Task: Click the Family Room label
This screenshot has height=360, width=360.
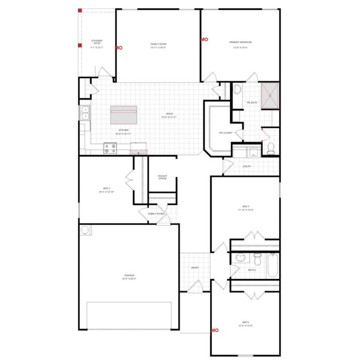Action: [158, 45]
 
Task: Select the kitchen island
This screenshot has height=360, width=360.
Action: [124, 115]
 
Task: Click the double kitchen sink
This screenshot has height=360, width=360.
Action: [84, 113]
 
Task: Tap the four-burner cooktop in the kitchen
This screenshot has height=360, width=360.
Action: [110, 148]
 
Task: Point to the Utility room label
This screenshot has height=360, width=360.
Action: [247, 166]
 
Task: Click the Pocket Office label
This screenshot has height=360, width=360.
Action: [163, 177]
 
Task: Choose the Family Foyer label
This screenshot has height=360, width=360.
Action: [156, 214]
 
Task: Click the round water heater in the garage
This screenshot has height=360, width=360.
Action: [85, 230]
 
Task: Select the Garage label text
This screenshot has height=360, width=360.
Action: [129, 277]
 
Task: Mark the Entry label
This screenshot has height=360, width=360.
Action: [195, 268]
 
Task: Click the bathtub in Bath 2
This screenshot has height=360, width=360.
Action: [273, 265]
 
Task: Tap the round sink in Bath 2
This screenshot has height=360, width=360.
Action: [240, 257]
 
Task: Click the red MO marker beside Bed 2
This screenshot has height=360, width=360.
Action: [215, 330]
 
